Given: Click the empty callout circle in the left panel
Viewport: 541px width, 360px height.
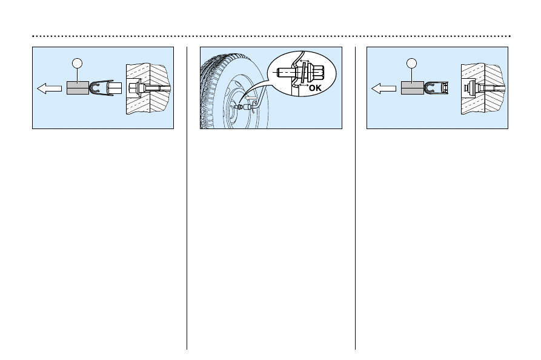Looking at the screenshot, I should [76, 62].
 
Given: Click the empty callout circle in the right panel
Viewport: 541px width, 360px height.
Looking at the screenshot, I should [412, 62].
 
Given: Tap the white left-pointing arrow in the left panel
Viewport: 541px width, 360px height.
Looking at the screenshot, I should [49, 89].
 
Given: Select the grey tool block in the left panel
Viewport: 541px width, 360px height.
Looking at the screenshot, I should [78, 89].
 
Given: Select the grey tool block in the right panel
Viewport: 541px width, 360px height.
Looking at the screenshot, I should [412, 89].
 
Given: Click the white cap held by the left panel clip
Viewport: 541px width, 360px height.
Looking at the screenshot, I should [114, 89].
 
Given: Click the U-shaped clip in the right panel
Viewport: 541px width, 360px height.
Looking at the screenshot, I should [435, 89].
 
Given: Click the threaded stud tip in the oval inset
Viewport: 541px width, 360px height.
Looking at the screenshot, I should [283, 72].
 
